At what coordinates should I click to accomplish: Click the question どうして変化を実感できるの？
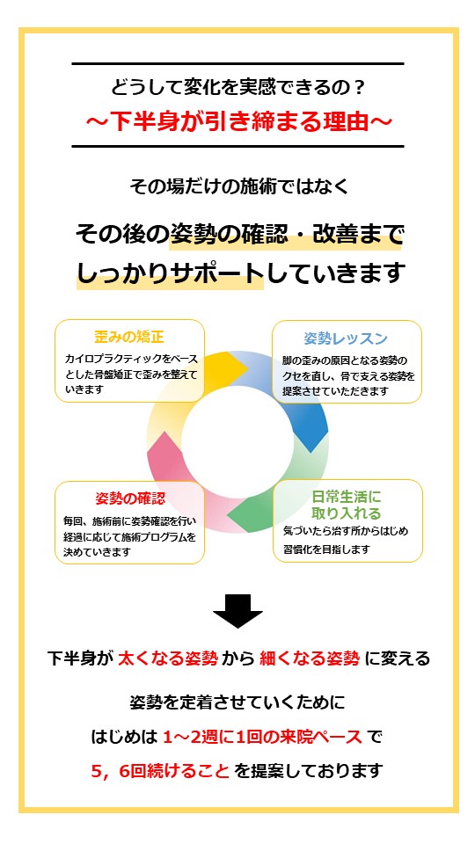[237, 87]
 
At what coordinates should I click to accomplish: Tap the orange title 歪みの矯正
[128, 338]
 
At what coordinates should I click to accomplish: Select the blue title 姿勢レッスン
[346, 338]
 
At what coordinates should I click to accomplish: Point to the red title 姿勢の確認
[130, 498]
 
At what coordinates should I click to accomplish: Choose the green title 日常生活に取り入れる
[347, 504]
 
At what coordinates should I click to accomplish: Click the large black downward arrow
[237, 611]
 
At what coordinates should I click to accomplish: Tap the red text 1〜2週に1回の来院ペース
[262, 737]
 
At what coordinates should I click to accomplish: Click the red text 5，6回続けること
[160, 771]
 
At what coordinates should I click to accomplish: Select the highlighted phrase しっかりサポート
[170, 273]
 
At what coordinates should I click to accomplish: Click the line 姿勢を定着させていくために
[237, 702]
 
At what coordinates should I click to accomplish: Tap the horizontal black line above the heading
[237, 63]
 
